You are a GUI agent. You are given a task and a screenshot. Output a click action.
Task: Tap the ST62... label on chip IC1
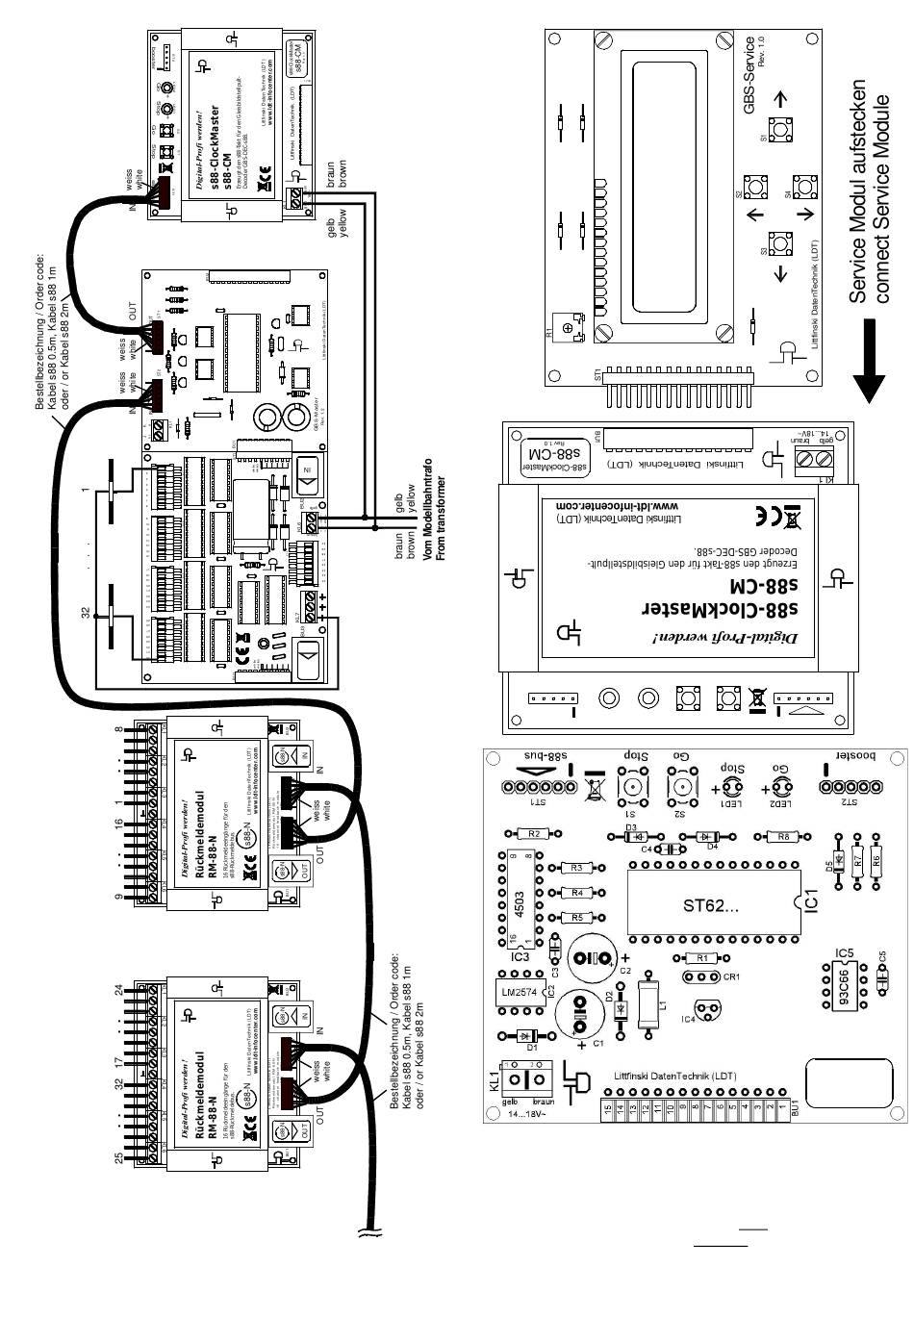pos(711,905)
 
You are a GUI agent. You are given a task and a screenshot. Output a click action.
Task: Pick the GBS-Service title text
pos(749,75)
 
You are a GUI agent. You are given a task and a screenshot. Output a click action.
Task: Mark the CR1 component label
pos(730,977)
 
